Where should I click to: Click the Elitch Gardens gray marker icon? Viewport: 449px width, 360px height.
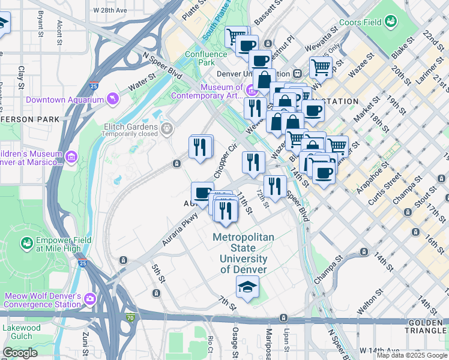[x=167, y=127]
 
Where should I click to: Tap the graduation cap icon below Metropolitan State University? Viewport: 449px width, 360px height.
[x=247, y=288]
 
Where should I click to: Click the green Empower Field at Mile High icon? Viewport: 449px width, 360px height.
[x=27, y=243]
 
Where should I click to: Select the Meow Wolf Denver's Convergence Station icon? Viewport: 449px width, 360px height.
[x=90, y=298]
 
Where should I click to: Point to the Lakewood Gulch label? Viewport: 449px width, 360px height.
[x=22, y=332]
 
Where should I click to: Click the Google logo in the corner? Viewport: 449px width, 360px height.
[x=20, y=353]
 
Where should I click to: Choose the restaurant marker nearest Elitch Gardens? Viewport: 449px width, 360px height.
[x=200, y=147]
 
